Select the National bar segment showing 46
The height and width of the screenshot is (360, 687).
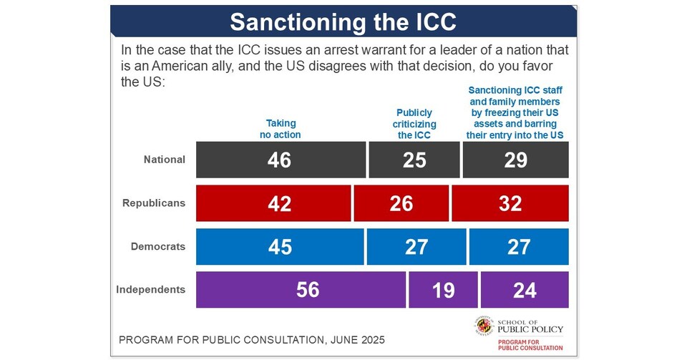click(280, 160)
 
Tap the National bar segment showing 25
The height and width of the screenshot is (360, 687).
click(414, 160)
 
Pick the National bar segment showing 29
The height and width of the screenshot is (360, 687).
click(516, 160)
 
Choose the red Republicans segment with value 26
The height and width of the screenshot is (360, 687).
click(401, 203)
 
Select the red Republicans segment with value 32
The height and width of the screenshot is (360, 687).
click(510, 203)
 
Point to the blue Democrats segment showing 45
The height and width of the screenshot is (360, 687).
click(279, 247)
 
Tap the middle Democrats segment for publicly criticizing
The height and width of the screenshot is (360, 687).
click(416, 247)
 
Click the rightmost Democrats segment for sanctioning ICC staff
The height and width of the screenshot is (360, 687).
click(519, 247)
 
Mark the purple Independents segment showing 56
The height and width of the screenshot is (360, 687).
click(301, 290)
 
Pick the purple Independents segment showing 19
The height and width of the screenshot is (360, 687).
click(443, 290)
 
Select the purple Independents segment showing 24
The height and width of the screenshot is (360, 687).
click(525, 290)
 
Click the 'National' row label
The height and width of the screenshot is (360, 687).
click(164, 160)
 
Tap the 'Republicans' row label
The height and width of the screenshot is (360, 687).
click(153, 203)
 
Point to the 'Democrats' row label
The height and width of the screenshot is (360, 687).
click(157, 247)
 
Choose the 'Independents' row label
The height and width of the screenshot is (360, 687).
click(150, 290)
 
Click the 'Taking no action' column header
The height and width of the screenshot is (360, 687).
click(280, 129)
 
